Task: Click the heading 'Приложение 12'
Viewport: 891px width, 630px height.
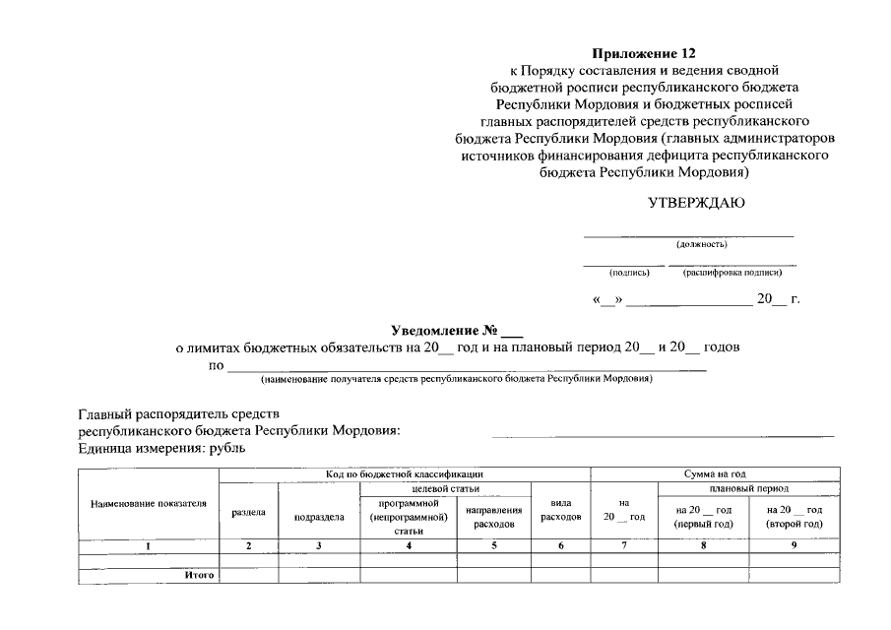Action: pos(650,52)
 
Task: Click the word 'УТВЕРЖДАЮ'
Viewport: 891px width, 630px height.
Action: pos(696,205)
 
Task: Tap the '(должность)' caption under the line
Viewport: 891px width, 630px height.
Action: pos(701,244)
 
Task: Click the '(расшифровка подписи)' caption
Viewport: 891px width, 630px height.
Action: pos(732,273)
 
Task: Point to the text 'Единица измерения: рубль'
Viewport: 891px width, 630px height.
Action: pos(161,448)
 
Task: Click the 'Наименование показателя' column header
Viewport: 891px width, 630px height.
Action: pos(149,503)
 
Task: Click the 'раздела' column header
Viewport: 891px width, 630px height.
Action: pos(248,513)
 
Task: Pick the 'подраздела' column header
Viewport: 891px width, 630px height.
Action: pos(319,517)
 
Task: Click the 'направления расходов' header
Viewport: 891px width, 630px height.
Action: pos(493,517)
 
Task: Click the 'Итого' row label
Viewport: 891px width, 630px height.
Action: pos(200,574)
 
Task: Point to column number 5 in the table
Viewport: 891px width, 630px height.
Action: pos(494,545)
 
